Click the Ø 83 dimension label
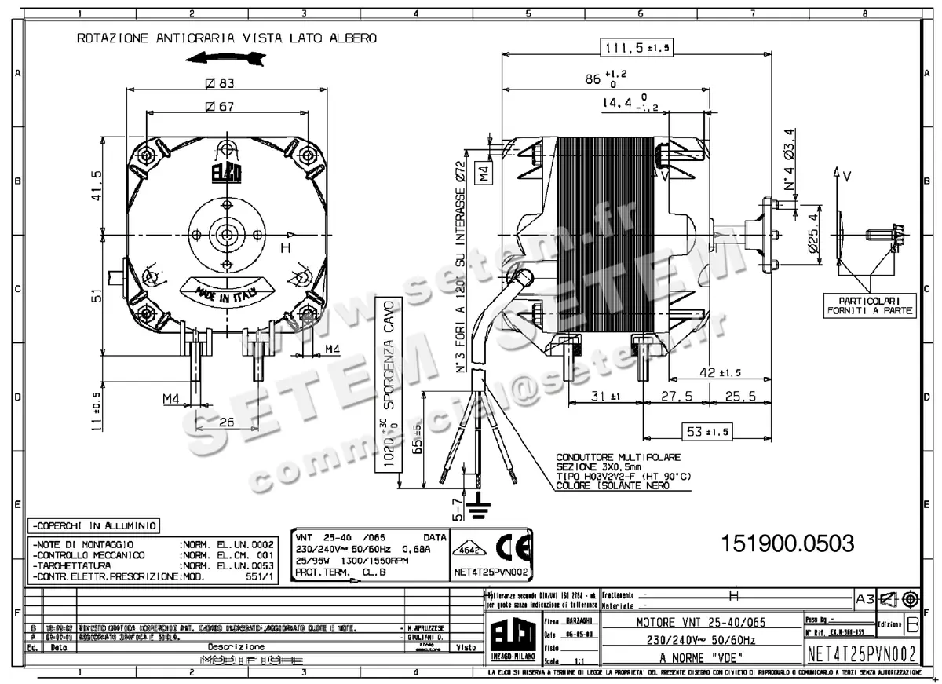tap(221, 82)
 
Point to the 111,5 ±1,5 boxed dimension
tap(637, 48)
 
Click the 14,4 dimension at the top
tap(622, 103)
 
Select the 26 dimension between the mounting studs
tap(226, 422)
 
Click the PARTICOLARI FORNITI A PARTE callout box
tap(870, 305)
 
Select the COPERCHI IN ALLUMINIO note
tap(93, 525)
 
